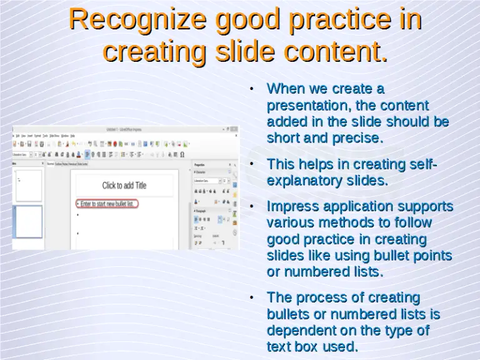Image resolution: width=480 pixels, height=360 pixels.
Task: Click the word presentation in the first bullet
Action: tap(304, 105)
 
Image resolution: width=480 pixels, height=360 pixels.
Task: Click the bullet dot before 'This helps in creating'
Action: tap(251, 164)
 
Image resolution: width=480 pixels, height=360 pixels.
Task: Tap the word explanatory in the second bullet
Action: tap(304, 181)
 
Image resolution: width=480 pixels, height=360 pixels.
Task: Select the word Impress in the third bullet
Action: tap(292, 206)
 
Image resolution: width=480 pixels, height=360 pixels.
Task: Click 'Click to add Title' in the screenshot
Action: tap(124, 186)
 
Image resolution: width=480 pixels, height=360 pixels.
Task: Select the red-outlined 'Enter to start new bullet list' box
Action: tap(106, 204)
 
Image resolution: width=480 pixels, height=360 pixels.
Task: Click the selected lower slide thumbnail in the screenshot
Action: tap(28, 222)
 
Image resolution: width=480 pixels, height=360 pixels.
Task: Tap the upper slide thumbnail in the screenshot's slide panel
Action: tap(28, 185)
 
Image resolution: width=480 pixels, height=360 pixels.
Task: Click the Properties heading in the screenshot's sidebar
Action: tap(199, 165)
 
